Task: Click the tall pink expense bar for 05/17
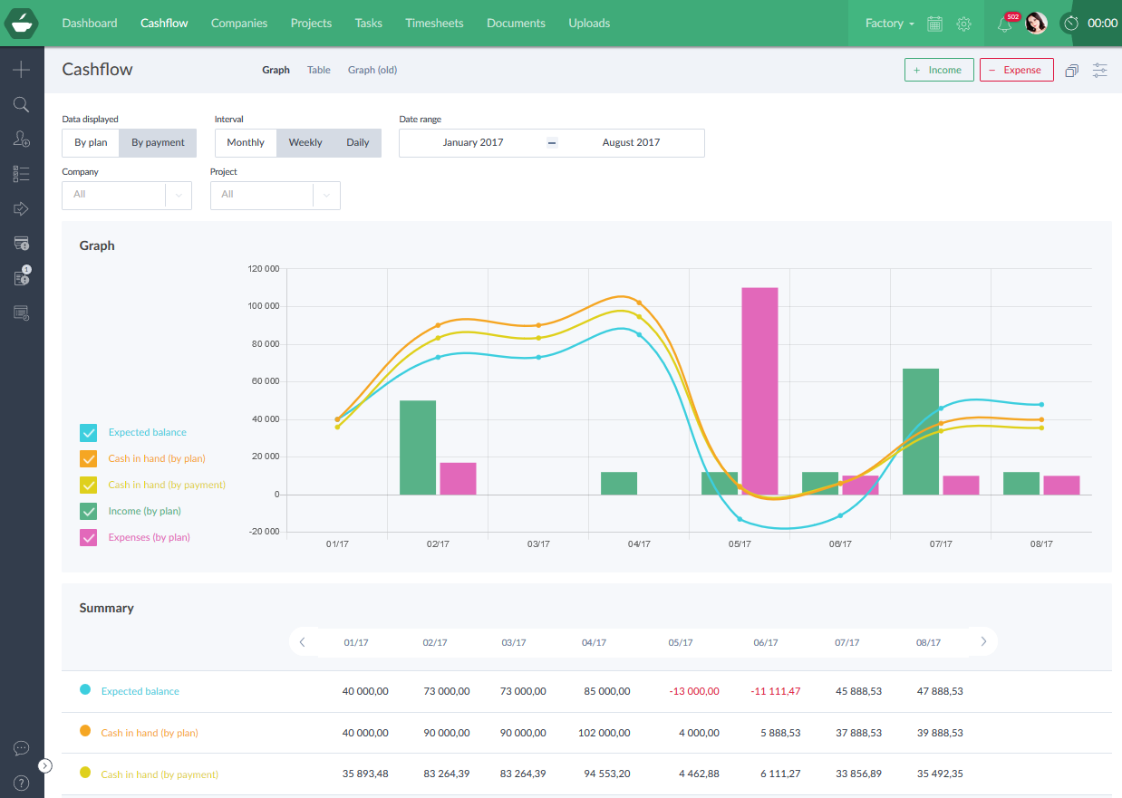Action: point(759,390)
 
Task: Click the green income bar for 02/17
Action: point(418,447)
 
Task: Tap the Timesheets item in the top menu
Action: point(434,24)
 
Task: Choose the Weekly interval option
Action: point(305,143)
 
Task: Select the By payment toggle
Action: point(158,143)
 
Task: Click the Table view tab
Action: point(319,70)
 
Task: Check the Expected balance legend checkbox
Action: point(89,433)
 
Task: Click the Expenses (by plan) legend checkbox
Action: point(89,537)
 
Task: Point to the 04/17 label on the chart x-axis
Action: point(639,544)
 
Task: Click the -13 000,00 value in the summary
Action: point(694,691)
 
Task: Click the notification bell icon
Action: point(1004,24)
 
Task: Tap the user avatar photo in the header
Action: point(1036,24)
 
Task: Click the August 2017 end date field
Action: point(631,143)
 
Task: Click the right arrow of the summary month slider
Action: point(983,642)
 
